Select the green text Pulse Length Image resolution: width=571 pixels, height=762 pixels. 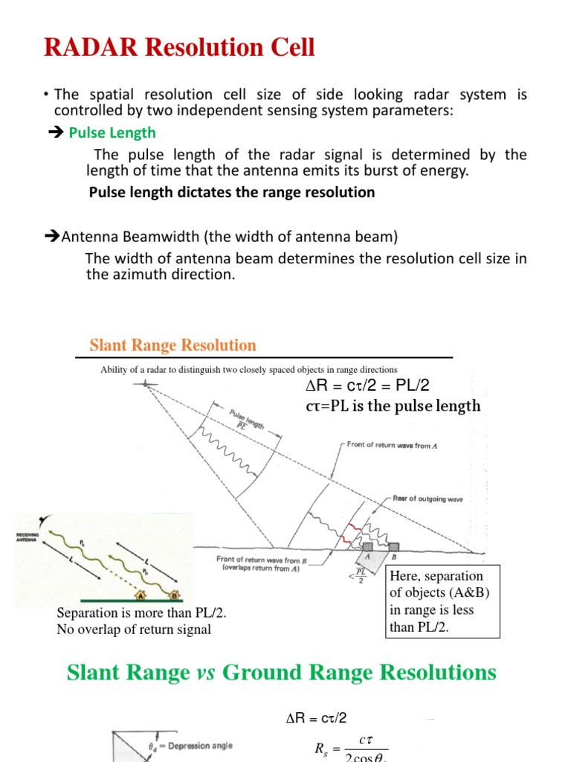(x=112, y=132)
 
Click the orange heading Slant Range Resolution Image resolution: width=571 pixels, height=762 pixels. (x=172, y=345)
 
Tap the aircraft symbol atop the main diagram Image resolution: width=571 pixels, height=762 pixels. (x=145, y=383)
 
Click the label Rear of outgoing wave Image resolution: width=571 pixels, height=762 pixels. (x=425, y=499)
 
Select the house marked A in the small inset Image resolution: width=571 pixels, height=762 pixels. (x=138, y=594)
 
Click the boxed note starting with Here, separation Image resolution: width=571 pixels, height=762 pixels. (x=445, y=601)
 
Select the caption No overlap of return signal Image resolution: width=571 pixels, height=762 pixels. (x=134, y=630)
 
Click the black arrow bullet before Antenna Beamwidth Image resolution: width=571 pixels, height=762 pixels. (x=52, y=237)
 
